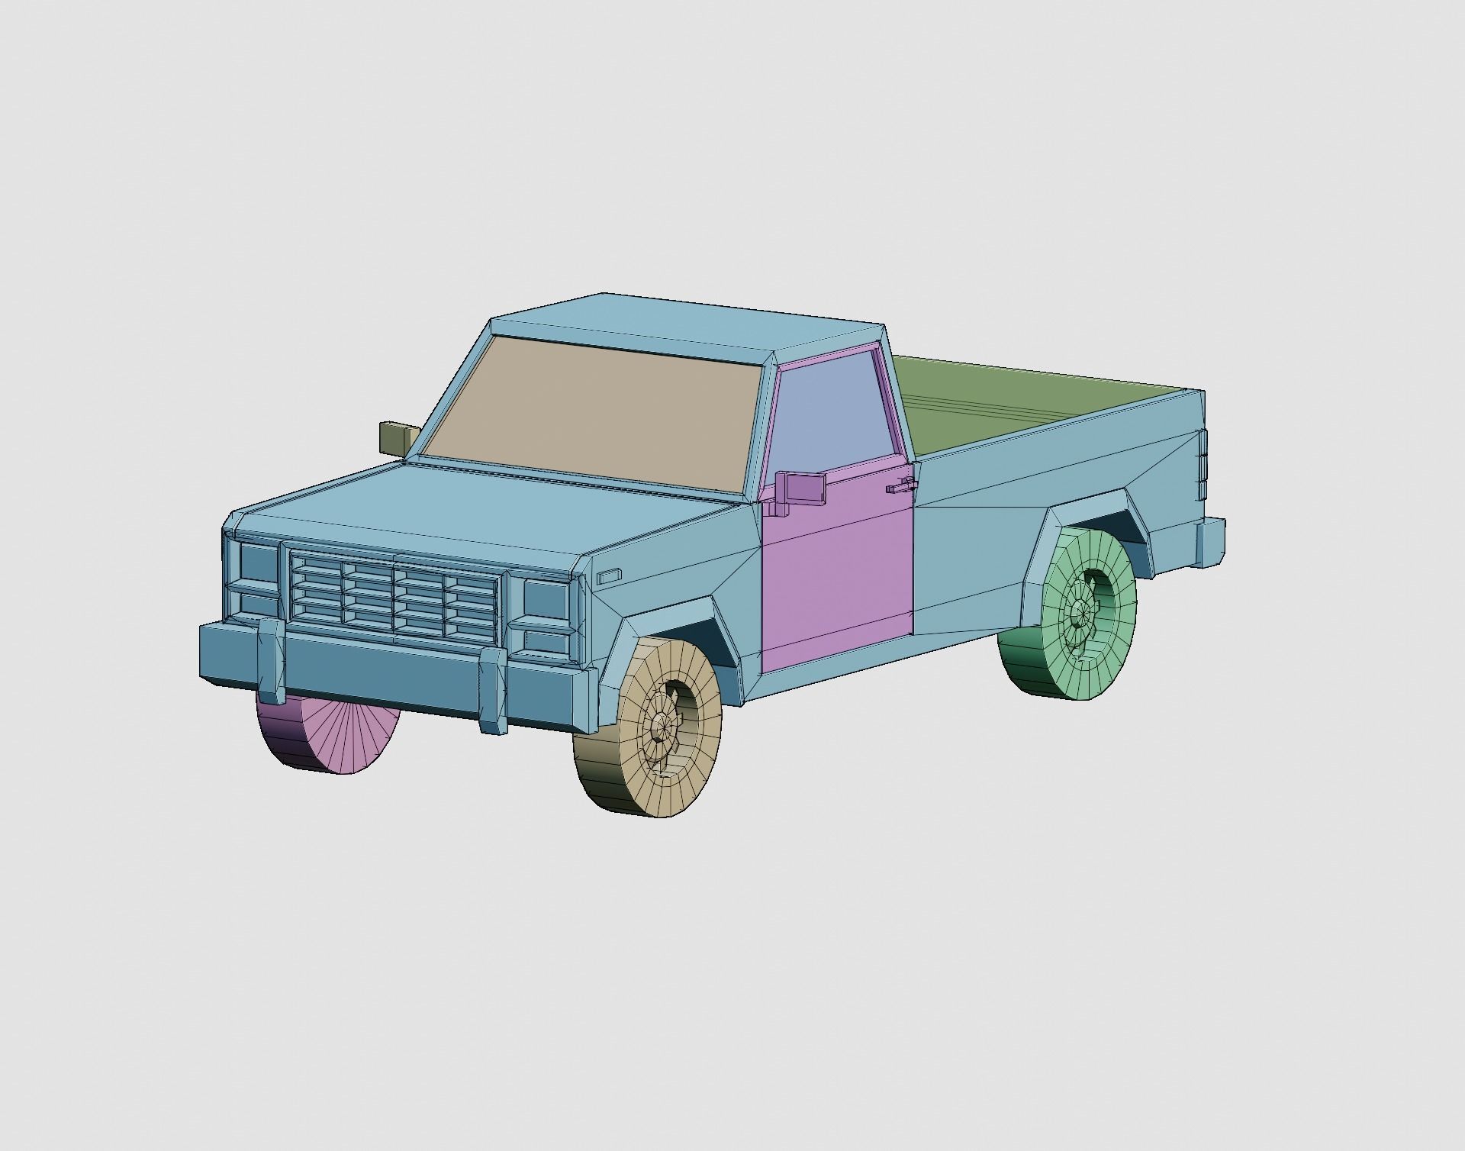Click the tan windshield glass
pos(591,416)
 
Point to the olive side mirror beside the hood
pos(397,437)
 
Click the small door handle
pos(900,486)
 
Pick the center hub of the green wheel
pos(1080,610)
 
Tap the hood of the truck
pos(488,519)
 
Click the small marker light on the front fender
pos(609,576)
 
